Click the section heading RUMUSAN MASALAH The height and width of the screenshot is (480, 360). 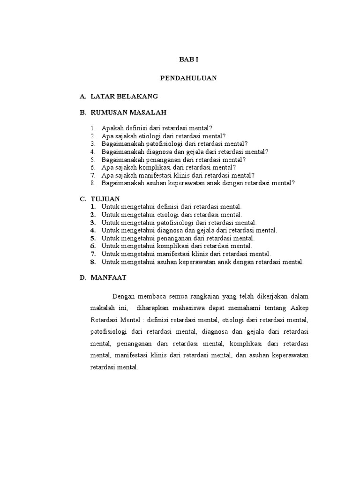[x=128, y=112]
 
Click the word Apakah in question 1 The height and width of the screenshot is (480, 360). [x=112, y=128]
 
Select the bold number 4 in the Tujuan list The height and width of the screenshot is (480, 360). [x=93, y=231]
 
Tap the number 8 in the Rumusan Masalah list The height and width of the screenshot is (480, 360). [x=93, y=183]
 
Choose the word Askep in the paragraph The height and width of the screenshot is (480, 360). [x=299, y=308]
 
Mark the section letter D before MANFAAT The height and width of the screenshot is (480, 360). [x=82, y=277]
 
